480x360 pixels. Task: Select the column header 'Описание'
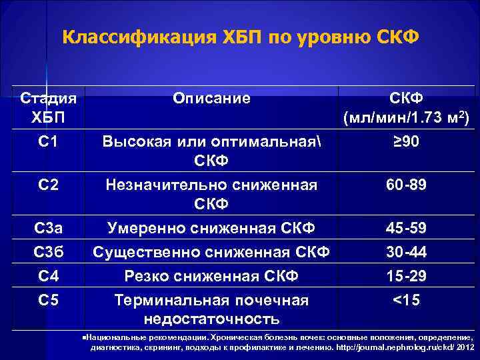211,98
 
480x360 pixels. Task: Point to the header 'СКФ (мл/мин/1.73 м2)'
407,109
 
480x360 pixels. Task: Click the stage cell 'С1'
49,141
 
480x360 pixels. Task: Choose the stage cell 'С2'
49,185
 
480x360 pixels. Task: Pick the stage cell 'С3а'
49,229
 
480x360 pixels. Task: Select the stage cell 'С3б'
49,252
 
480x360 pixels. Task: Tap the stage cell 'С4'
49,275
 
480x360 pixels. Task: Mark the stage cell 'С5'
49,300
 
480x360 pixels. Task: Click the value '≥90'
406,141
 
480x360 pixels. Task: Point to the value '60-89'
406,185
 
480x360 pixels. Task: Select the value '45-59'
406,229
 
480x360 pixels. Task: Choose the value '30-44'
406,252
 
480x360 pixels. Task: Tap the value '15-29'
406,275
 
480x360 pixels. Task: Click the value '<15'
406,300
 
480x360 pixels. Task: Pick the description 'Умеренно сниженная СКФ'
211,229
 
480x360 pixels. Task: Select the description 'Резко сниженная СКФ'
211,275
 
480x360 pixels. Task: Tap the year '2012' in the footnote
464,347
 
